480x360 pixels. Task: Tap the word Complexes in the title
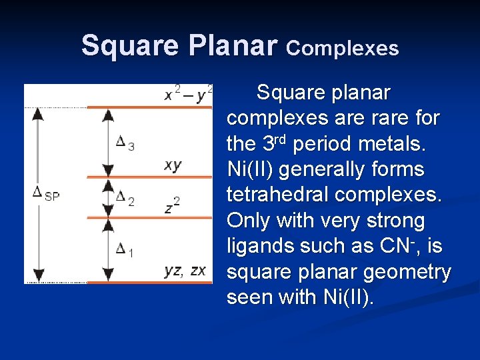click(x=343, y=49)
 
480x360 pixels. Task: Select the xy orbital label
click(x=173, y=165)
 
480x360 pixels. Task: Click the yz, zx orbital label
click(x=185, y=271)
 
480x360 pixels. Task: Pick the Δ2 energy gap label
click(x=125, y=198)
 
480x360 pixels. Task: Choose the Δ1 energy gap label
click(x=125, y=251)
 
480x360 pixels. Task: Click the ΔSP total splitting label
click(x=46, y=194)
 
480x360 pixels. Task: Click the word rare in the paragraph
click(x=376, y=118)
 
